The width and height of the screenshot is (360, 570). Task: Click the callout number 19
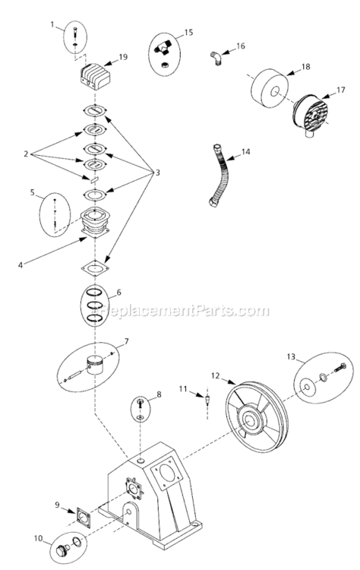[x=123, y=56]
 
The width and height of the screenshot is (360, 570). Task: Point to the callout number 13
[x=290, y=356]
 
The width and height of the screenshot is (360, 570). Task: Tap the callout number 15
[x=189, y=33]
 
